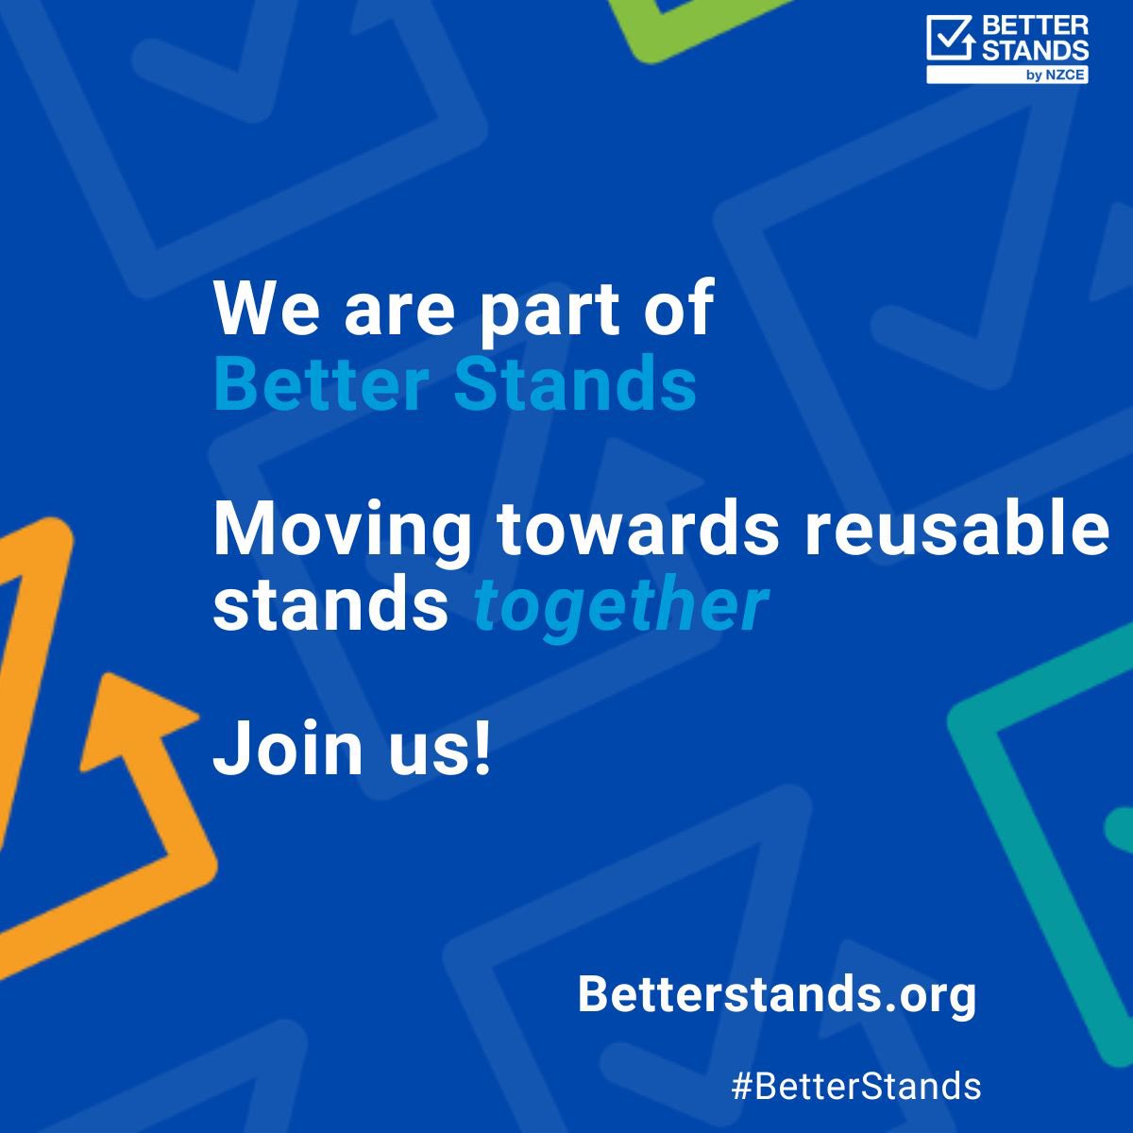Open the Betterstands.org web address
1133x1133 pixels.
(x=776, y=994)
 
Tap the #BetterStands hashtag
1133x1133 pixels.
(x=855, y=1086)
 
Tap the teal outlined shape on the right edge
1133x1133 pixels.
(x=1039, y=812)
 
